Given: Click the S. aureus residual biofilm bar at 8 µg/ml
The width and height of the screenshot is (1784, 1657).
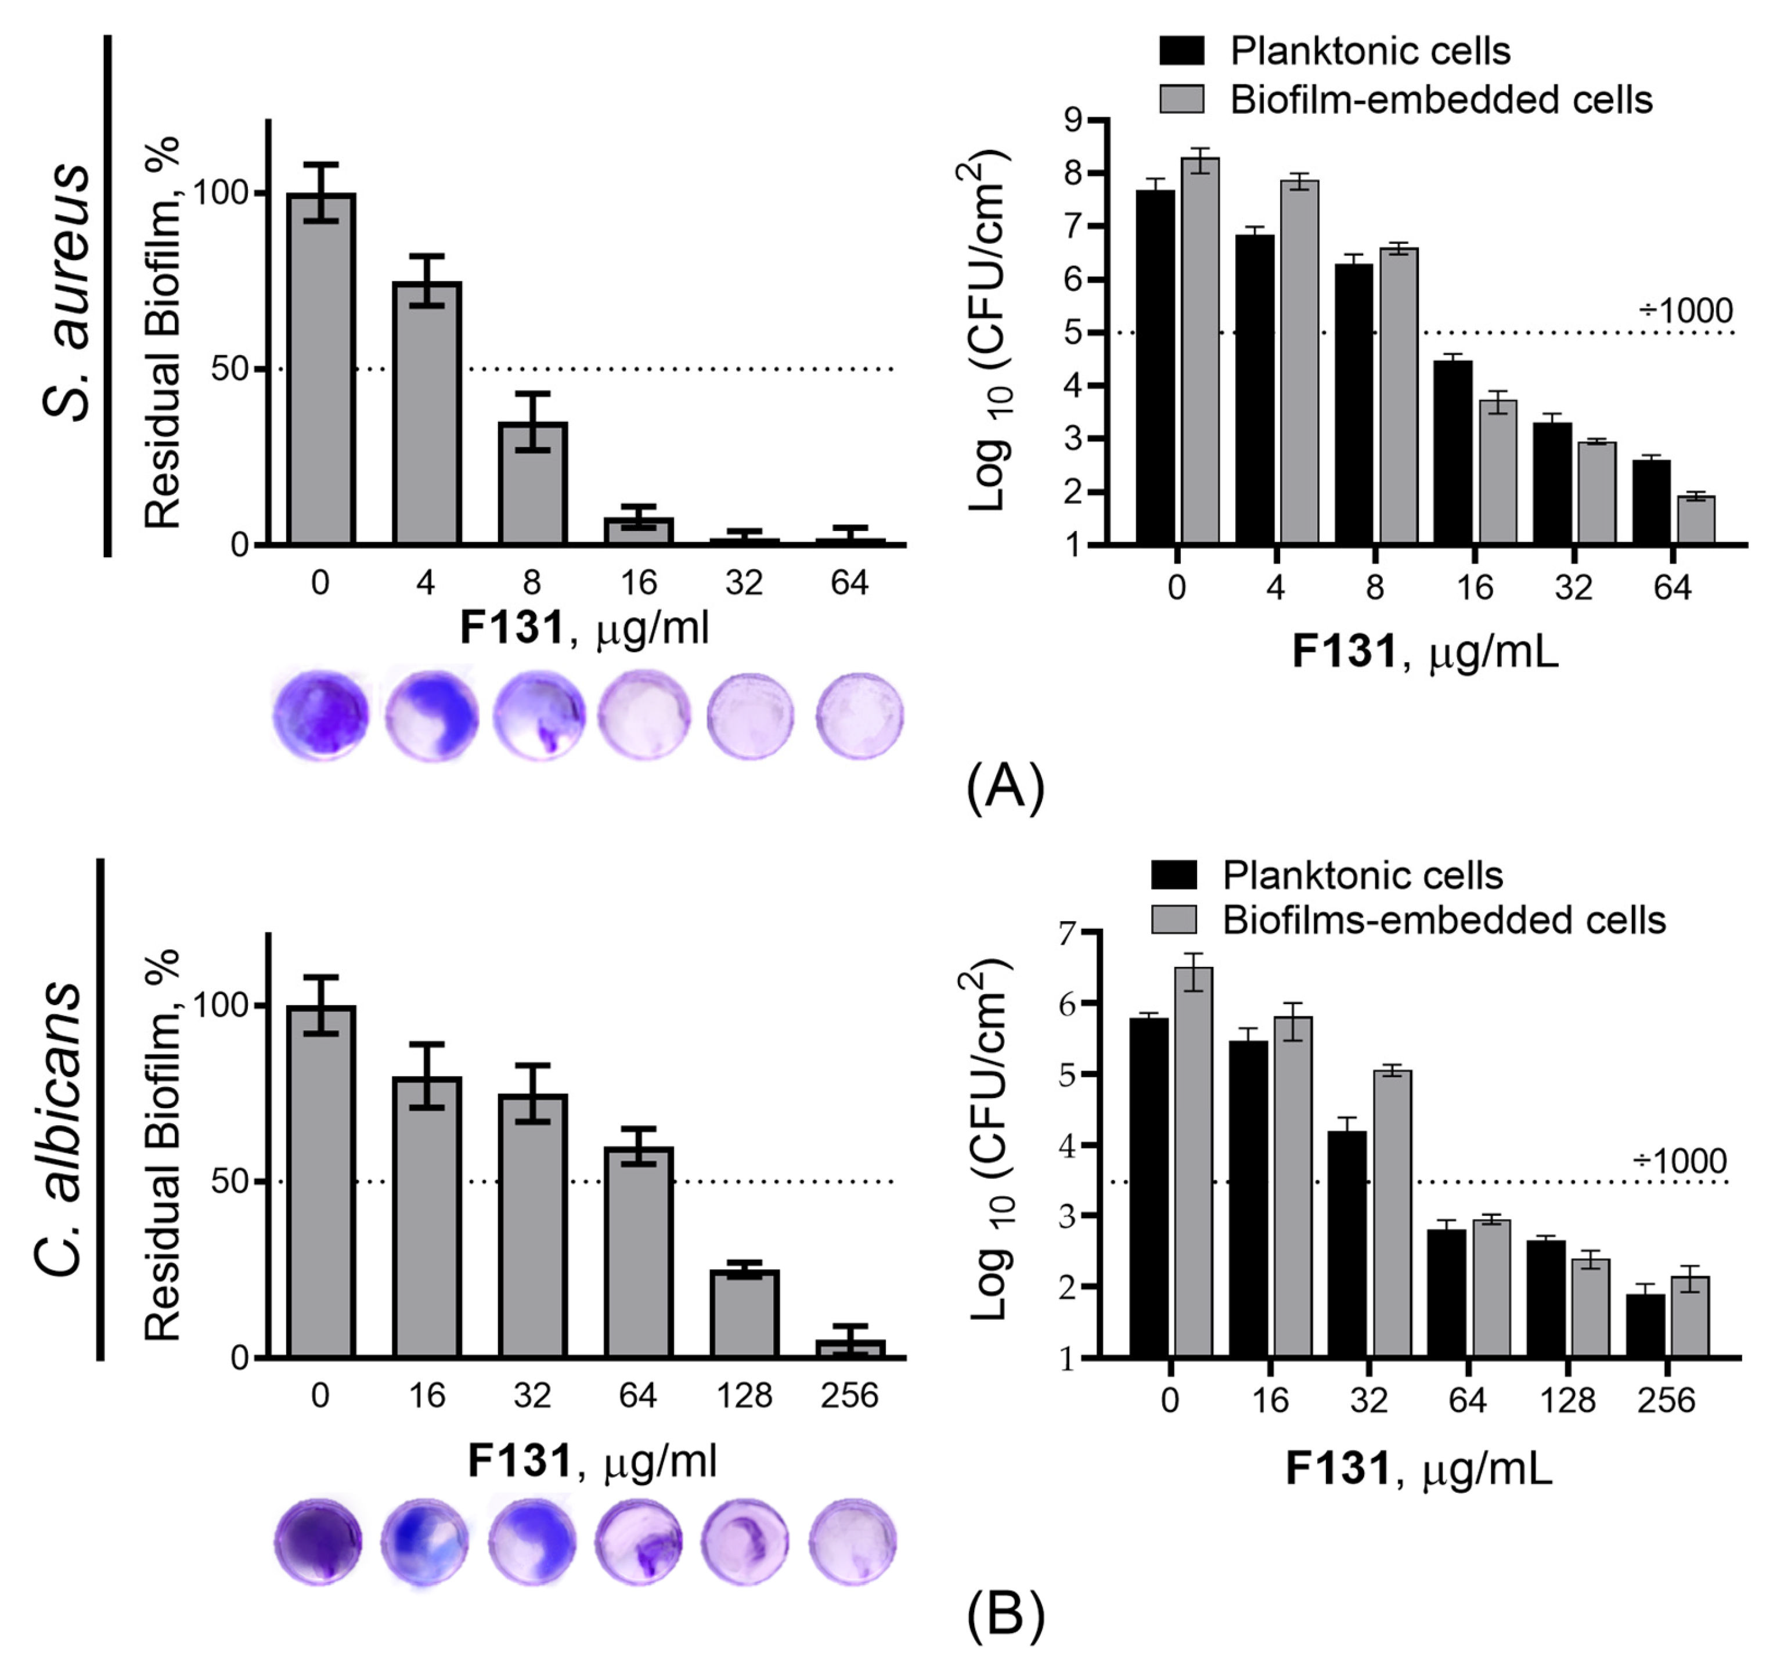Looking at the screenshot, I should pos(533,484).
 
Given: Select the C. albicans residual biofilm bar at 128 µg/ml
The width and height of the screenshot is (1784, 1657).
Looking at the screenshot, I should pos(744,1313).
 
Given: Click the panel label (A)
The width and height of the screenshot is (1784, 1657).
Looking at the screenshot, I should pos(1005,787).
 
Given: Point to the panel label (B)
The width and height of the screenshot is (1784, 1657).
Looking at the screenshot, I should pos(1005,1614).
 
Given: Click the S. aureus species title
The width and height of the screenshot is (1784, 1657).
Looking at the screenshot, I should pos(67,291).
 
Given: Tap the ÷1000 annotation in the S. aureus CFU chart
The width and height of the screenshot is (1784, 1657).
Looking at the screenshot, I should pos(1685,311).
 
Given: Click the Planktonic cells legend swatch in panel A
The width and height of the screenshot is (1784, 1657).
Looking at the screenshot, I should pos(1181,50).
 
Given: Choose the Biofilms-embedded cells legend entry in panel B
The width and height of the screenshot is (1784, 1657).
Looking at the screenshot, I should pos(1442,920).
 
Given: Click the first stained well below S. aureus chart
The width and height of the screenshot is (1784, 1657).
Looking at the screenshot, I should pos(320,714).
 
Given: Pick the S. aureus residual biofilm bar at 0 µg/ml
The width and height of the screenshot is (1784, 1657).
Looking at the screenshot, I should pos(321,367).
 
